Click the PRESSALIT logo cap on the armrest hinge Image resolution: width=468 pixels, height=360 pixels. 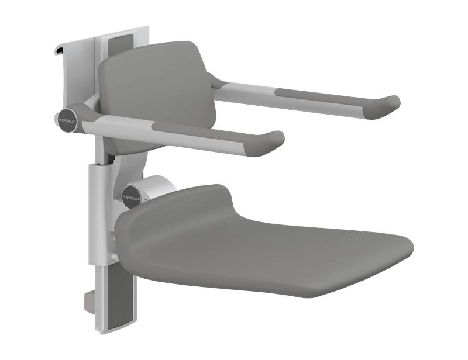point(66,119)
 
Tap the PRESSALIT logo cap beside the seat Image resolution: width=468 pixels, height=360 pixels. point(132,195)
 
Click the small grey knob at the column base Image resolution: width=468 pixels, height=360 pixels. point(87,302)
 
